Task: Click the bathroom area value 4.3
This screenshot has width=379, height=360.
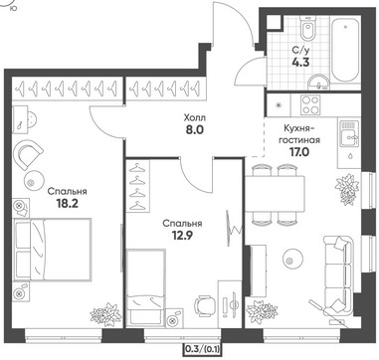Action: [x=300, y=63]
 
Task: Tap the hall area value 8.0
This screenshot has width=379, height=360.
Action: [x=194, y=129]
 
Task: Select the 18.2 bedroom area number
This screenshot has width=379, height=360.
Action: [x=67, y=203]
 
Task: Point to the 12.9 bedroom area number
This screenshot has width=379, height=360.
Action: [x=182, y=236]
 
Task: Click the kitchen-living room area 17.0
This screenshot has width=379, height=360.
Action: [x=299, y=152]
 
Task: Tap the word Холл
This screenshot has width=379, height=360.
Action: [x=194, y=117]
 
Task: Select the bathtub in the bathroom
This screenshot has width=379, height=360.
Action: [x=345, y=49]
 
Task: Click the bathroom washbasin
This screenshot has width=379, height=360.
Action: [x=318, y=82]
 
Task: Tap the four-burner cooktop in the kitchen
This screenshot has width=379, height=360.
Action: [x=310, y=104]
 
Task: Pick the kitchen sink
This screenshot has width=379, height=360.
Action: [x=349, y=134]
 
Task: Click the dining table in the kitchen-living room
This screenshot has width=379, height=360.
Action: [x=275, y=194]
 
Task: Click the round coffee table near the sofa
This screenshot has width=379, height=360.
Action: [x=292, y=258]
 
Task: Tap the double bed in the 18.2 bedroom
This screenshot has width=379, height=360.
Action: [x=52, y=250]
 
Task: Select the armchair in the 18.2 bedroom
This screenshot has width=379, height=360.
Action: [x=29, y=154]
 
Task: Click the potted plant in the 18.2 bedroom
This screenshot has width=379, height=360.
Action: [x=105, y=314]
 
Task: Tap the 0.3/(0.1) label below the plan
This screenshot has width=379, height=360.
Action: [x=203, y=348]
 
